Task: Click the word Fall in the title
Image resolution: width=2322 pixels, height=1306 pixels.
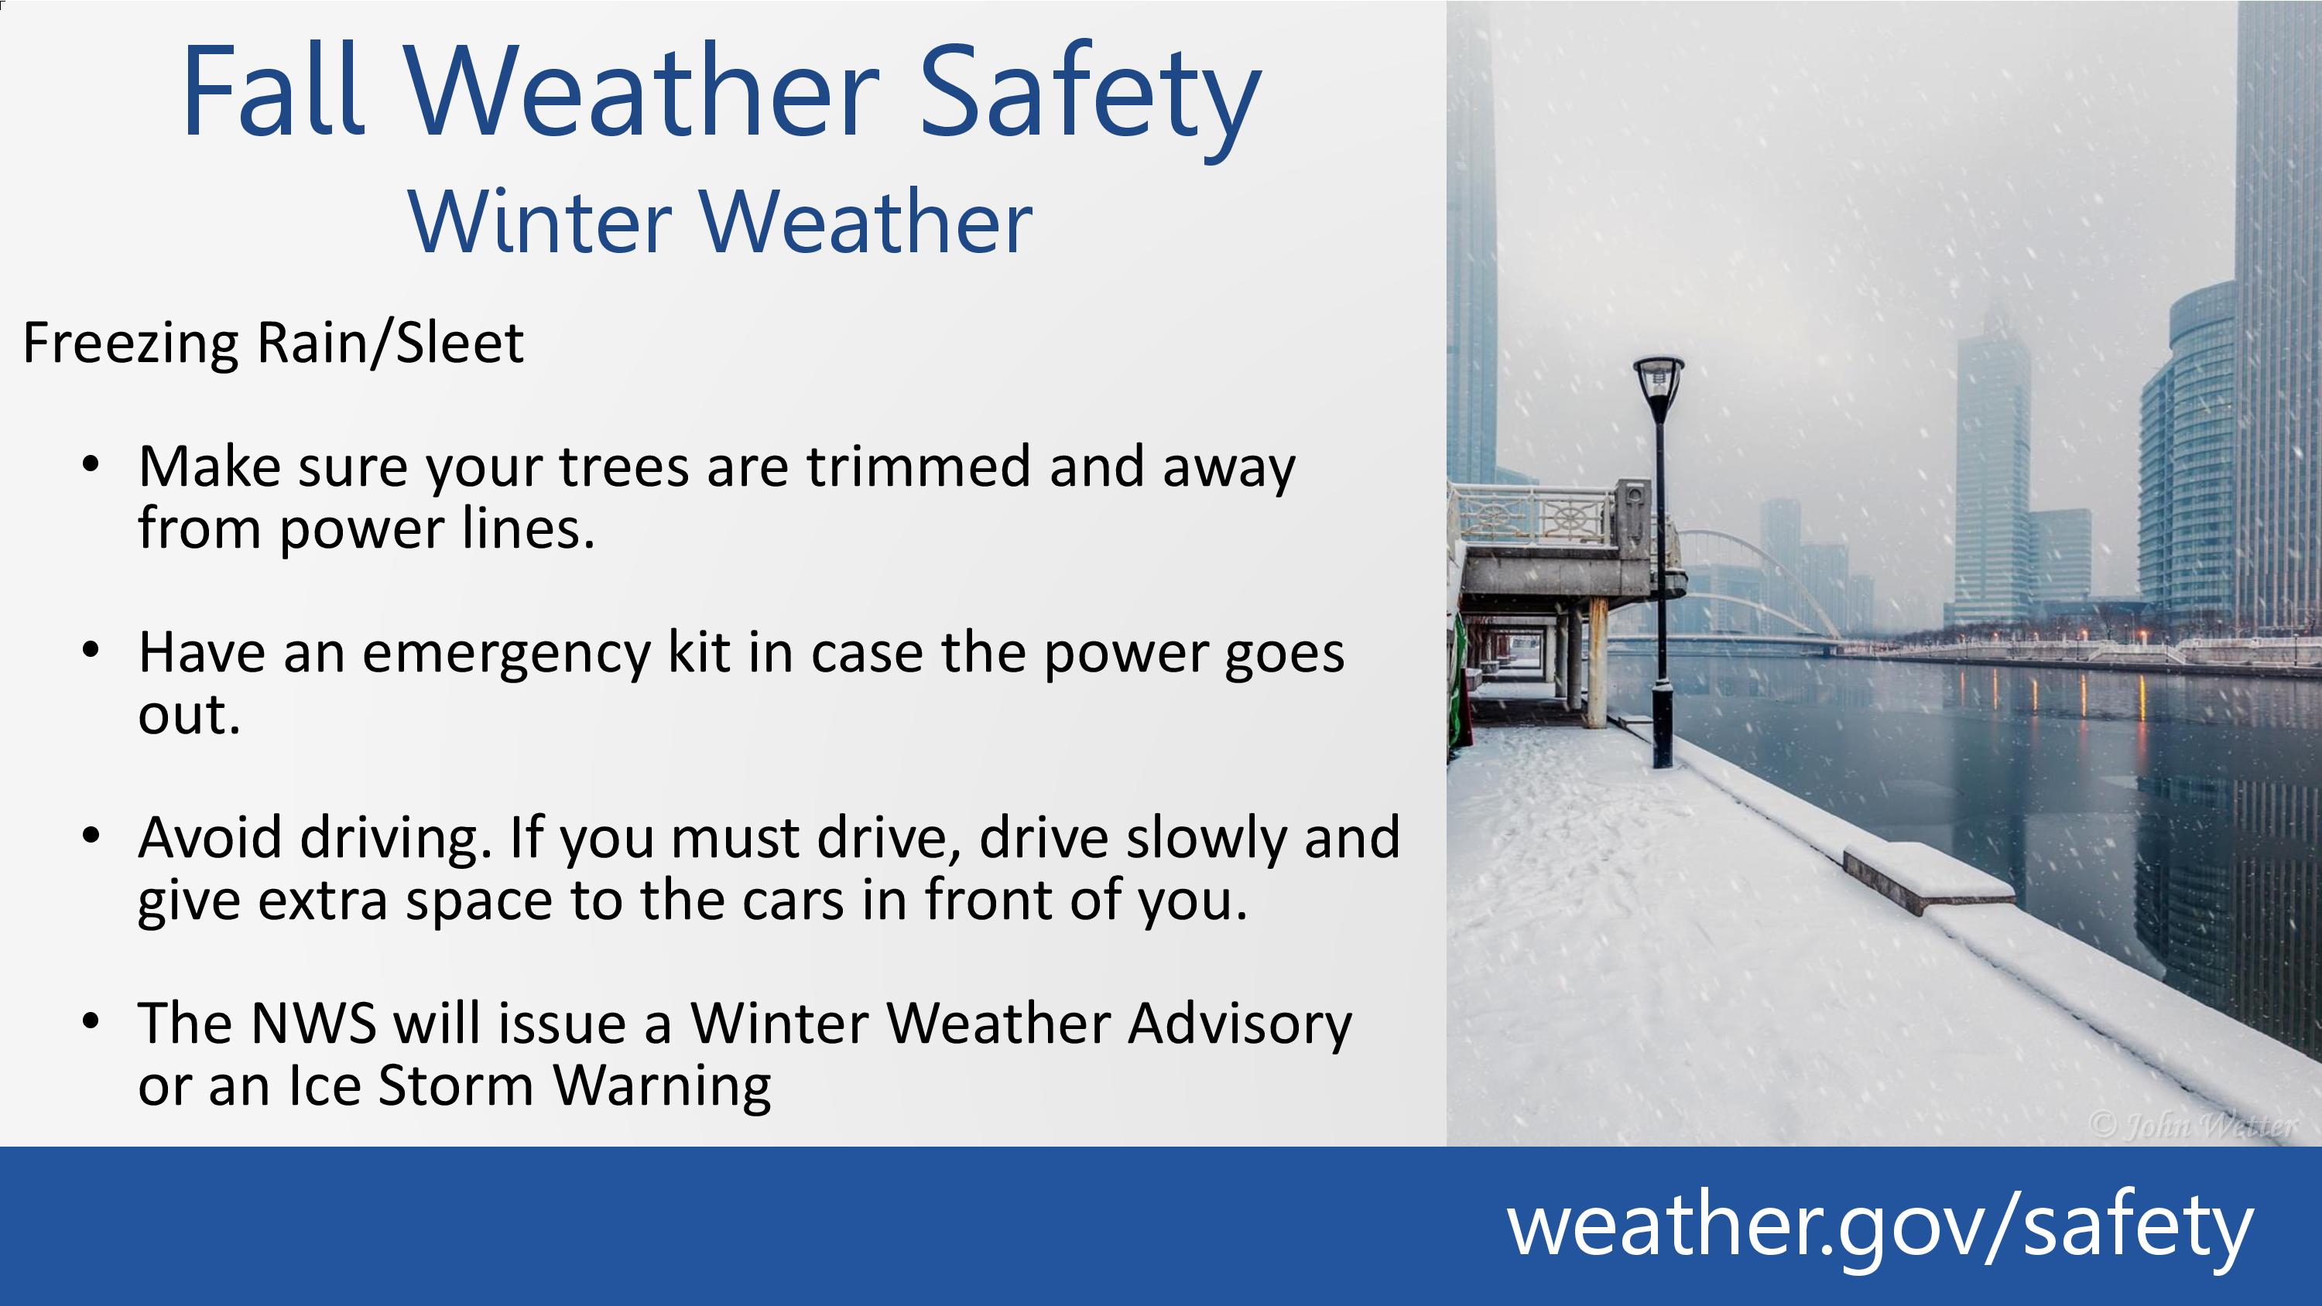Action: pos(273,92)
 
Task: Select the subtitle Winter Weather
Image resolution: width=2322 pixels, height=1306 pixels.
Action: pos(721,222)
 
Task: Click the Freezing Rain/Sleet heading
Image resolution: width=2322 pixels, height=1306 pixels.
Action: pos(273,344)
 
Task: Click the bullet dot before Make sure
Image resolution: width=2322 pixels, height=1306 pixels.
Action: pos(90,465)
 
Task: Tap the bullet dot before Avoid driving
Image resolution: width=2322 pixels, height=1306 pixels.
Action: pos(90,836)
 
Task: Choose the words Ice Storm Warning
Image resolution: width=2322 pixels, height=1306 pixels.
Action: pos(530,1087)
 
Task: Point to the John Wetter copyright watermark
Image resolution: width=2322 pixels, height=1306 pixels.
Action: pos(2192,1126)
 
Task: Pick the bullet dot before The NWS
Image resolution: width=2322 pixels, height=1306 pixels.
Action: pos(90,1021)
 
